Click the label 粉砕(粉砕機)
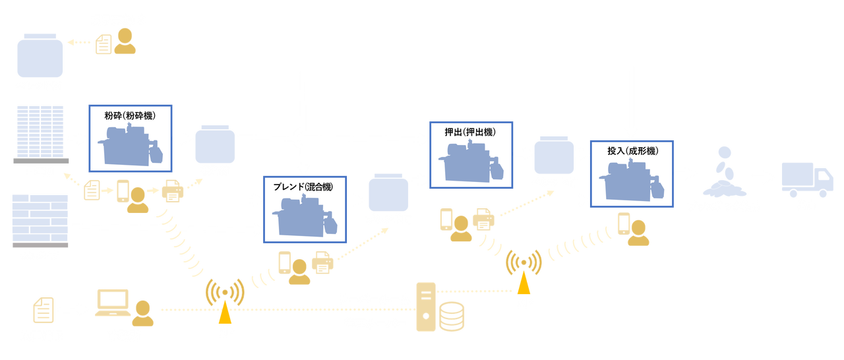click(x=129, y=116)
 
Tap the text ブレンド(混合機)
click(x=303, y=187)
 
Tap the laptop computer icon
click(x=114, y=305)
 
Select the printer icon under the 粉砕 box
click(x=173, y=193)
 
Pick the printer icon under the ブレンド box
click(x=324, y=262)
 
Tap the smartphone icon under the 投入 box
click(x=622, y=223)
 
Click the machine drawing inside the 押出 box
click(x=471, y=162)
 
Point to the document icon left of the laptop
click(x=41, y=310)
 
